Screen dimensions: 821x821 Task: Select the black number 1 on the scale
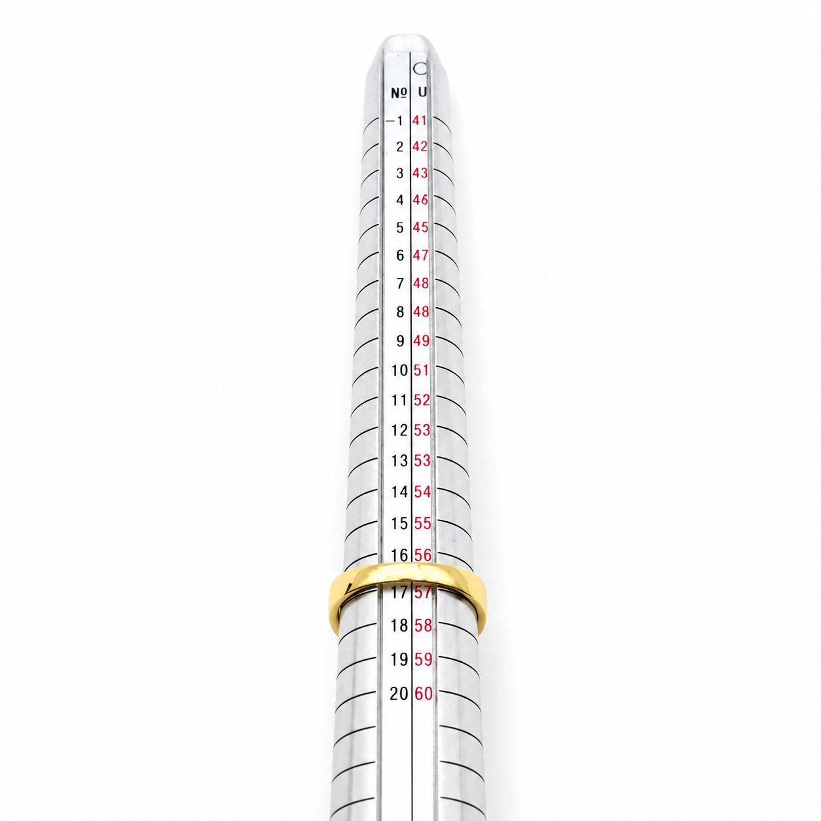pos(399,121)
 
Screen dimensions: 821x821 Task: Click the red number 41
pos(420,120)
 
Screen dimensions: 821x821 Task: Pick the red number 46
pos(420,200)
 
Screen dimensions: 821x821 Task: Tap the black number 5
pos(399,228)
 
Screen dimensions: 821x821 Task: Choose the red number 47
pos(420,255)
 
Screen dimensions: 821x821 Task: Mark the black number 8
pos(399,312)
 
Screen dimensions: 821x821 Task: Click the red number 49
pos(421,341)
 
